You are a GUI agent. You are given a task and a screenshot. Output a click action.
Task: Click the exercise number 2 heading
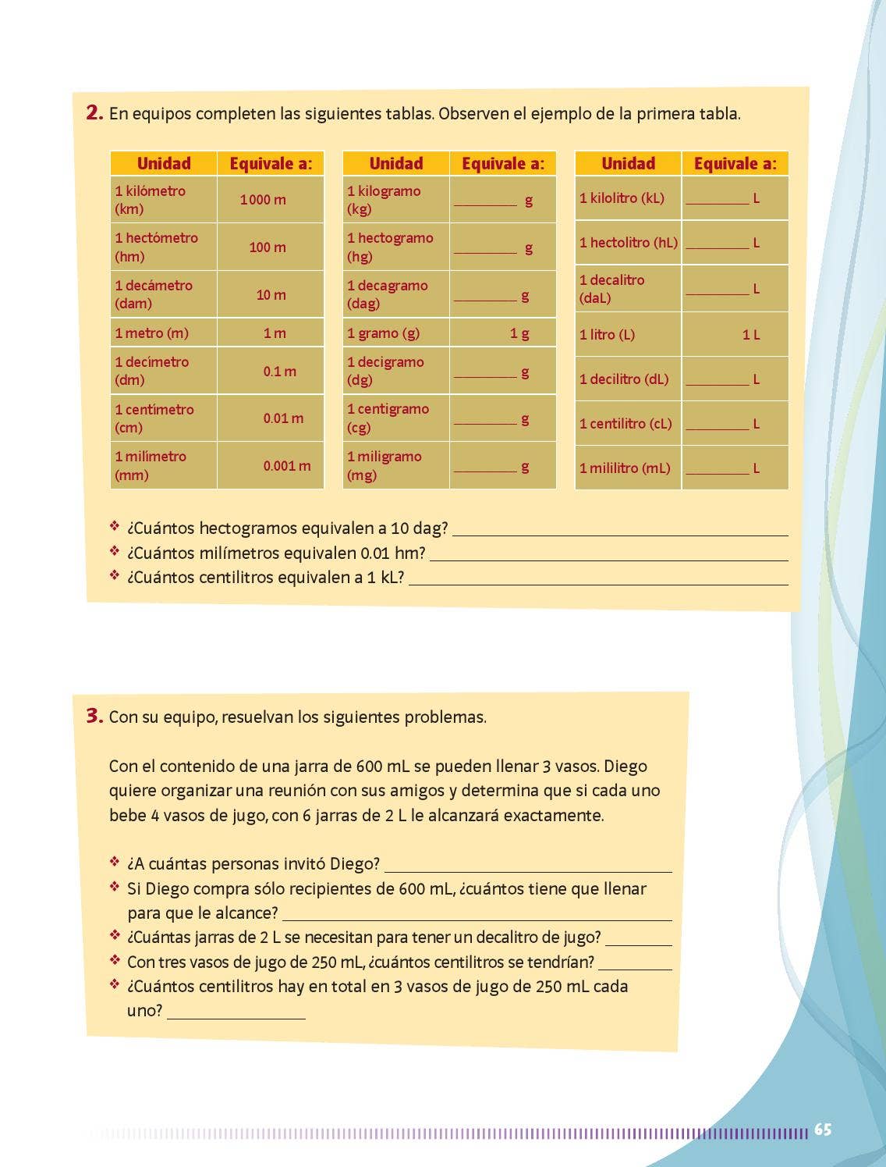(94, 113)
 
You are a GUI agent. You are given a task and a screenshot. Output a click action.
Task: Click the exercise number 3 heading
(94, 717)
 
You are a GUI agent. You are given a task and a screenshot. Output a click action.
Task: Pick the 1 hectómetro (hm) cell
(164, 247)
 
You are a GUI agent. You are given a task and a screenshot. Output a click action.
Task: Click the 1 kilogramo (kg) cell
(396, 200)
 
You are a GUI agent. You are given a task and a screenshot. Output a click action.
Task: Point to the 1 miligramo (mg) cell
(396, 466)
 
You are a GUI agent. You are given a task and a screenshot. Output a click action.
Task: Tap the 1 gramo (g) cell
(396, 333)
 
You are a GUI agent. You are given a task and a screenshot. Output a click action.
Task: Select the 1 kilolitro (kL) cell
(628, 198)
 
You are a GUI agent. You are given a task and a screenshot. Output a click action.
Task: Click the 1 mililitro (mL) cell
(628, 468)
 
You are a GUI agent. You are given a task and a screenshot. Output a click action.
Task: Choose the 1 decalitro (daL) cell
(628, 289)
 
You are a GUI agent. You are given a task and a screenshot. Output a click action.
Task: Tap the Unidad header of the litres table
(628, 163)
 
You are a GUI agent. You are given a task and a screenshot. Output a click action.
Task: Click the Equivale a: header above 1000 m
(271, 163)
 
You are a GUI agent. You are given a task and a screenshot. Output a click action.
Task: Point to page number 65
(822, 1130)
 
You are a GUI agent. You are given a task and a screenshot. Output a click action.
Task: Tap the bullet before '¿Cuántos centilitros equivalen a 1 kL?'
(115, 576)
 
